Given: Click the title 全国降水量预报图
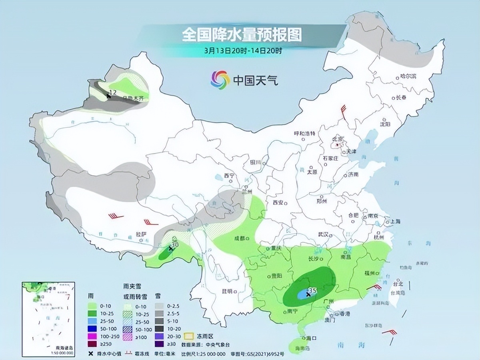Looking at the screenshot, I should tap(242, 35).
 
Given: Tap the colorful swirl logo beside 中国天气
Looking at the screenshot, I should tap(220, 80).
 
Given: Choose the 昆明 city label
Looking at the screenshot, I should tap(227, 291).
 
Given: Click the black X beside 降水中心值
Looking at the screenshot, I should tap(92, 354).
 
